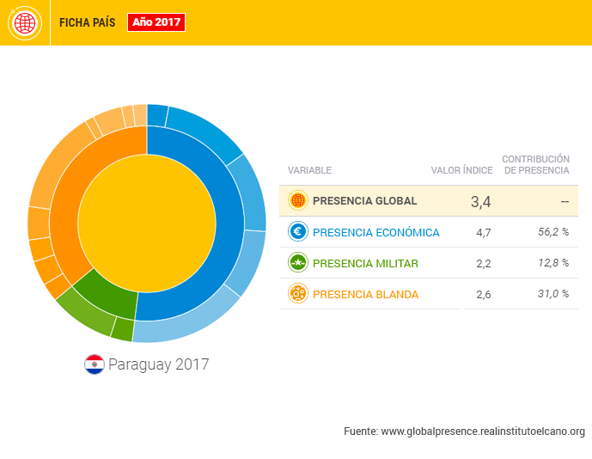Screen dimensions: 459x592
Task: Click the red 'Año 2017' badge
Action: pyautogui.click(x=156, y=22)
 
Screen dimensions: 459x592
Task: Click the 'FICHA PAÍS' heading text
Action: pyautogui.click(x=87, y=23)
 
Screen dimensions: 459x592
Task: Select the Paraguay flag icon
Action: pyautogui.click(x=94, y=364)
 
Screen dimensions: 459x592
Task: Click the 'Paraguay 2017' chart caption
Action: pyautogui.click(x=158, y=364)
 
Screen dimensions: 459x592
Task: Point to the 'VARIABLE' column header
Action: pyautogui.click(x=309, y=170)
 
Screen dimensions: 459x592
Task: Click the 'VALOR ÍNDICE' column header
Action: pyautogui.click(x=461, y=170)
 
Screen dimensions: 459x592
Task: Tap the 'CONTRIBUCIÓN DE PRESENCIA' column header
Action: pyautogui.click(x=535, y=164)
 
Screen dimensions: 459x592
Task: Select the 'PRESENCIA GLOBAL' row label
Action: pyautogui.click(x=364, y=201)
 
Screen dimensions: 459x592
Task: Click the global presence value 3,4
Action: pyautogui.click(x=480, y=202)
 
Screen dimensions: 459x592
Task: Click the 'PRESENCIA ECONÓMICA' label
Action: pyautogui.click(x=375, y=232)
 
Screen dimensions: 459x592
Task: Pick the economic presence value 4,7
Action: pyautogui.click(x=483, y=233)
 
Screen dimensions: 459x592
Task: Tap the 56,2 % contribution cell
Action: pyautogui.click(x=552, y=232)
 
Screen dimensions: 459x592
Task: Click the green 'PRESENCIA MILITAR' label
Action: pyautogui.click(x=365, y=263)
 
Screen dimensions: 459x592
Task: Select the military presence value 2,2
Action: pyautogui.click(x=483, y=264)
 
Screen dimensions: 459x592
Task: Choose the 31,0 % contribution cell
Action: pyautogui.click(x=552, y=294)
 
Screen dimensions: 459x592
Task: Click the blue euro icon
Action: pyautogui.click(x=298, y=231)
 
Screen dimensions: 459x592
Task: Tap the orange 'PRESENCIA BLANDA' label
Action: pyautogui.click(x=365, y=294)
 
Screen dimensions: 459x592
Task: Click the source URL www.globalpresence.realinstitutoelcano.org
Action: pyautogui.click(x=483, y=431)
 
